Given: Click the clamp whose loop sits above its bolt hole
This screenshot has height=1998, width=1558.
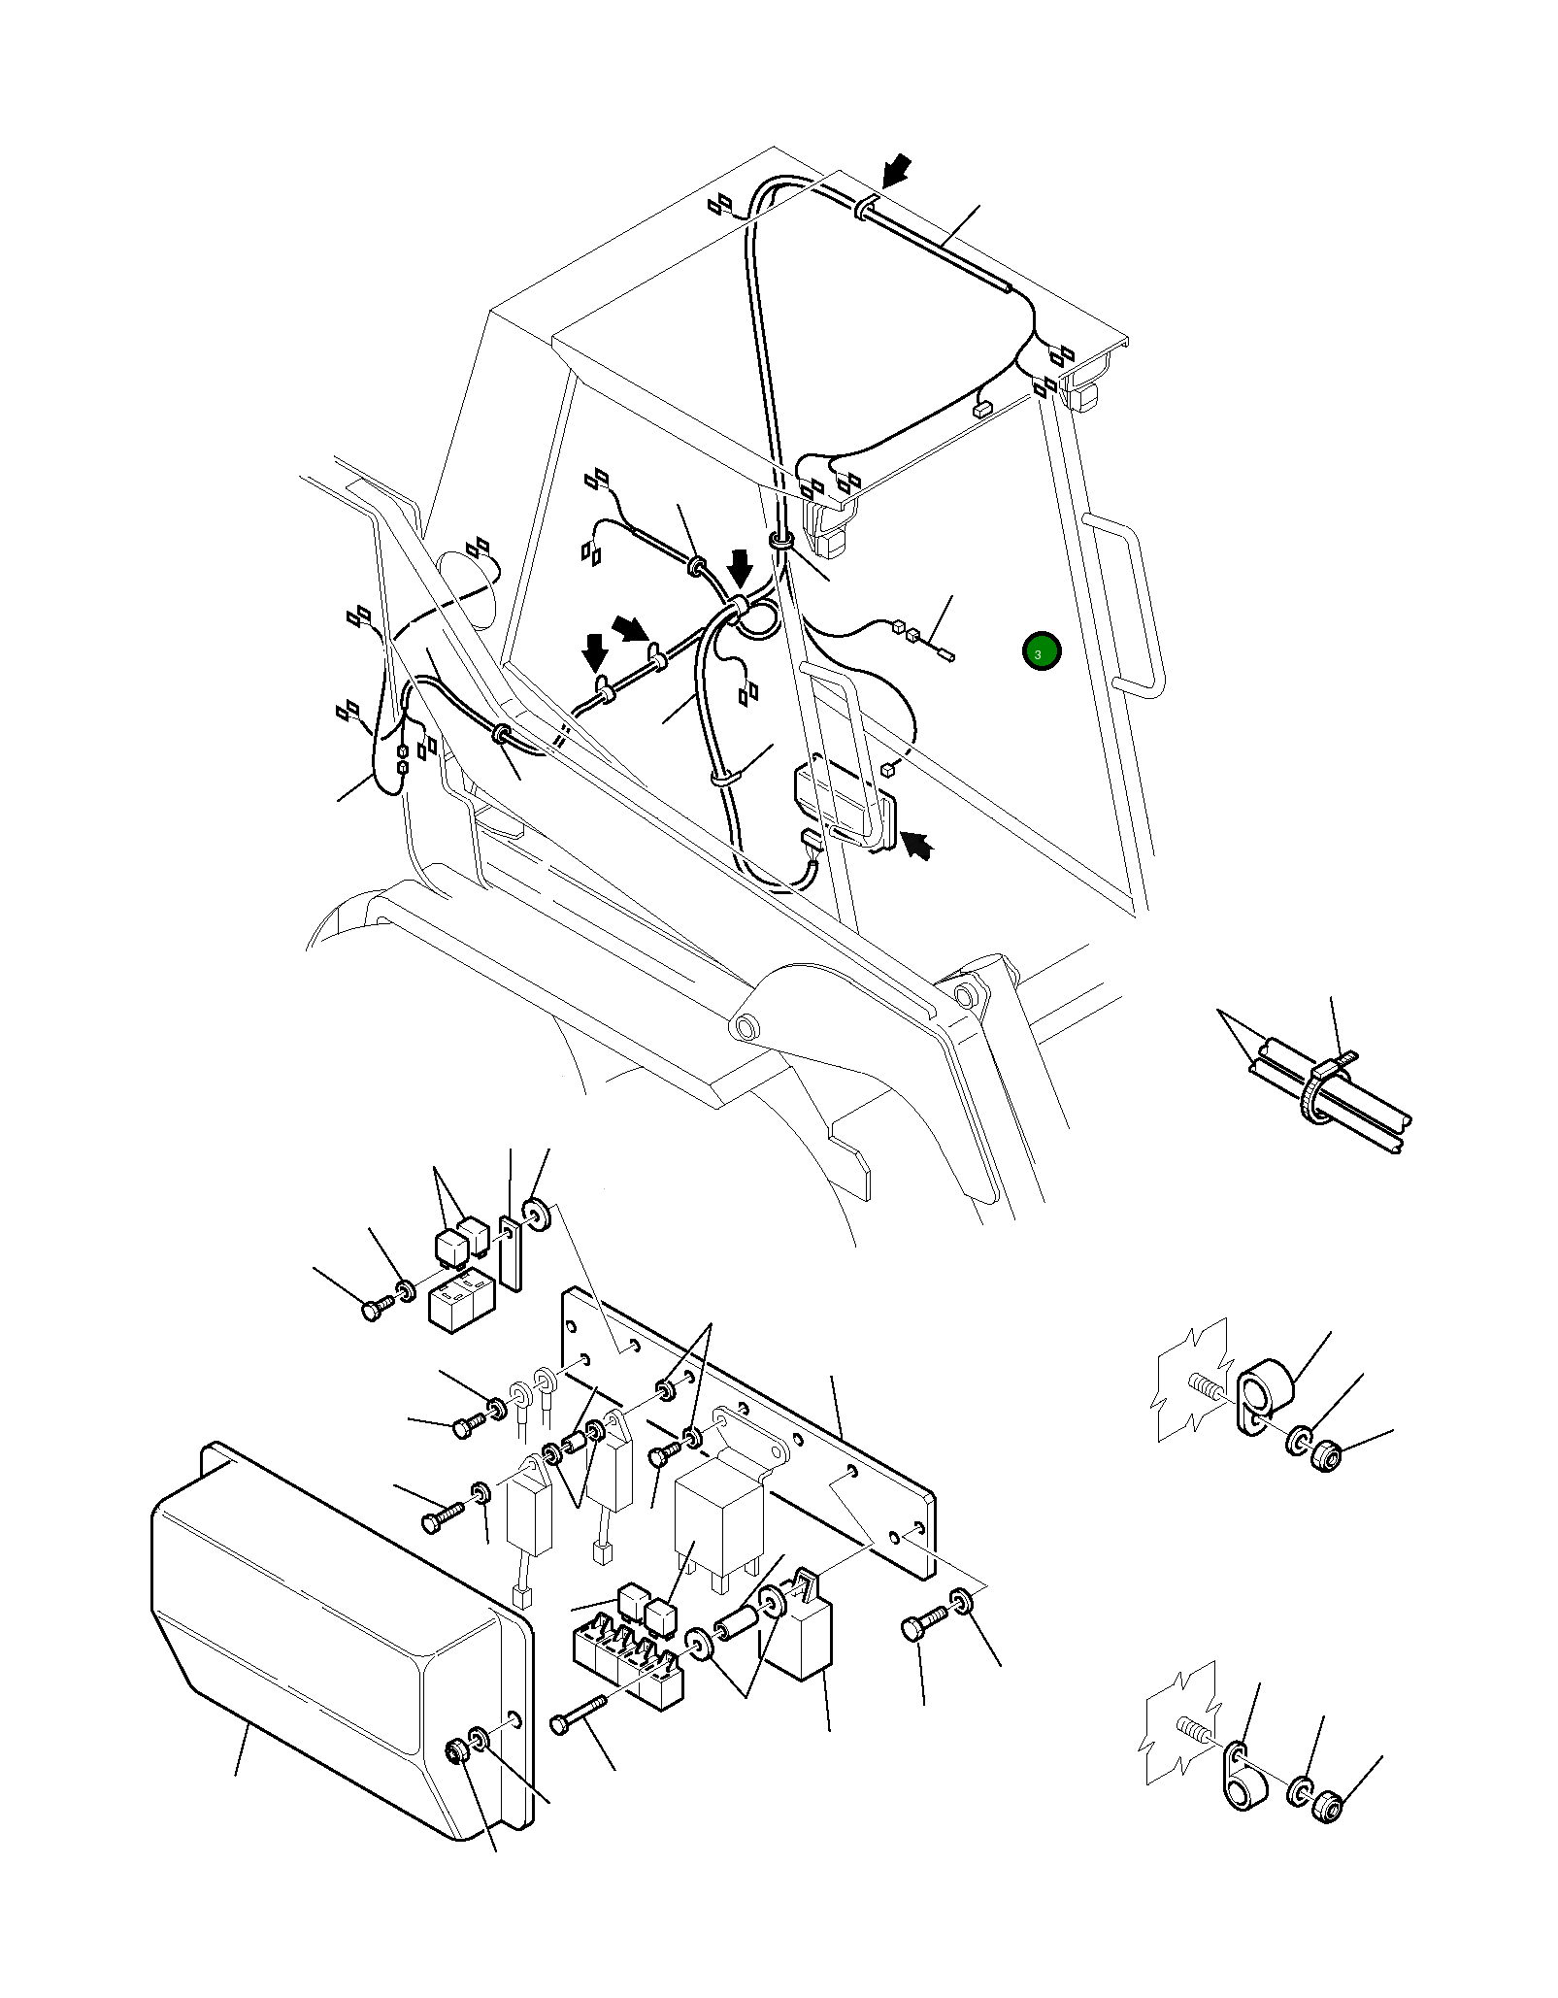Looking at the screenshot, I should [x=1264, y=1401].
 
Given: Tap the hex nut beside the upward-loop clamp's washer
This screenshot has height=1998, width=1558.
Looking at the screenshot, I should [x=1326, y=1456].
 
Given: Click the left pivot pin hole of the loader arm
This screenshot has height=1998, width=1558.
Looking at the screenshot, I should [x=747, y=1026].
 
